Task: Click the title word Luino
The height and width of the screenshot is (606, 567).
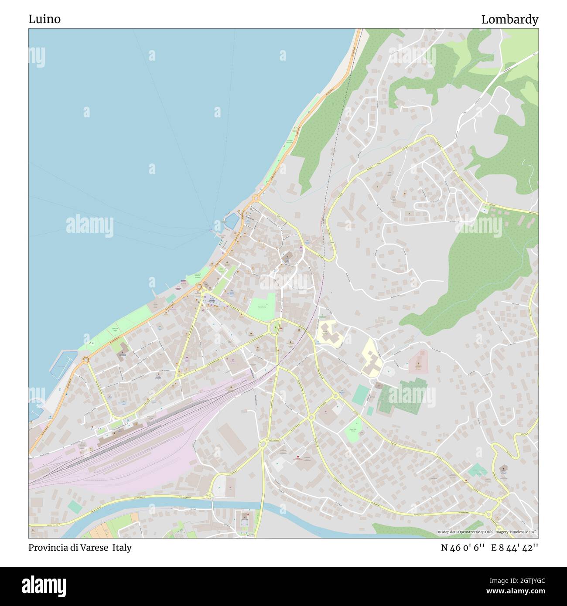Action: click(x=44, y=19)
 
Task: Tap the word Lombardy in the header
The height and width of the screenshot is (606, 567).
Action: click(x=509, y=19)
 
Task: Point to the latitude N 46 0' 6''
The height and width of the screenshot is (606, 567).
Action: click(x=463, y=548)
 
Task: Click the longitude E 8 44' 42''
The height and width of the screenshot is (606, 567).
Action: click(x=515, y=548)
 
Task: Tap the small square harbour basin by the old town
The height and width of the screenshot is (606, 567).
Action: click(x=231, y=221)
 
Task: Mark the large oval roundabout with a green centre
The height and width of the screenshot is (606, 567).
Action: click(x=275, y=327)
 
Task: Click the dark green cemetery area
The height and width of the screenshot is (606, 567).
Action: click(x=400, y=397)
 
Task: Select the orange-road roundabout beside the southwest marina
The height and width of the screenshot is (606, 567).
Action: click(x=85, y=360)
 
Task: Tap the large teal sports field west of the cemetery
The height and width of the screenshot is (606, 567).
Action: click(x=361, y=394)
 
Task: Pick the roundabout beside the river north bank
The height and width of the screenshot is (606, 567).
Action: click(x=210, y=495)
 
